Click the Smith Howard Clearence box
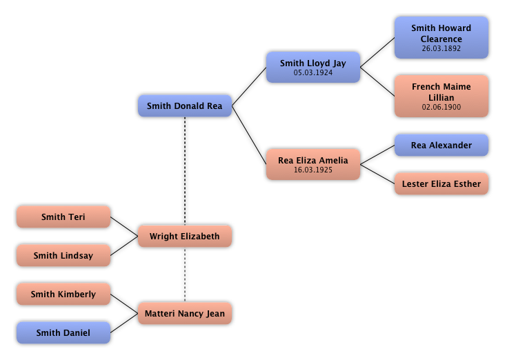[441, 37]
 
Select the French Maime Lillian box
[441, 96]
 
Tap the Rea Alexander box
[441, 146]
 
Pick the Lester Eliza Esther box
[441, 184]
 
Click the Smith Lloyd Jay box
[313, 67]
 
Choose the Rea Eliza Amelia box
[313, 164]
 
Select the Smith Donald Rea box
[184, 106]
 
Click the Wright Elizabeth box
[184, 237]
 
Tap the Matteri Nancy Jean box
[184, 314]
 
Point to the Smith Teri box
[63, 217]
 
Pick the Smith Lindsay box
[63, 256]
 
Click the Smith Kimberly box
[63, 294]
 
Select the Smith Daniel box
[63, 333]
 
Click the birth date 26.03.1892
[441, 49]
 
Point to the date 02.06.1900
[441, 108]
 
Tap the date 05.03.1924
[313, 72]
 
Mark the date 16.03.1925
[313, 170]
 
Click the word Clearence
[441, 39]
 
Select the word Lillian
[441, 98]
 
